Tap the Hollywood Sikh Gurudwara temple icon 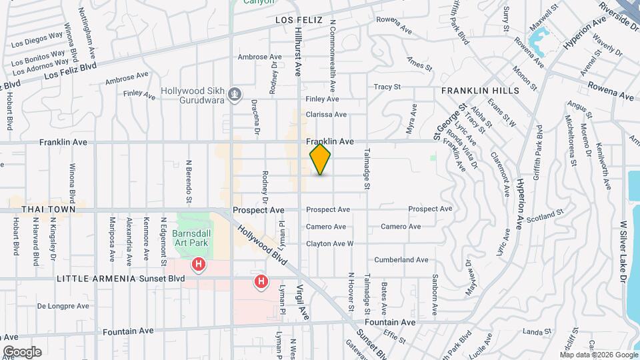point(234,95)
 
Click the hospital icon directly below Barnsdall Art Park point(198,265)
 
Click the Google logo point(21,351)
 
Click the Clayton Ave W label point(329,244)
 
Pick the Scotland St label point(545,217)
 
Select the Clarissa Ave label point(326,115)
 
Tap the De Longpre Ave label point(63,307)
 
